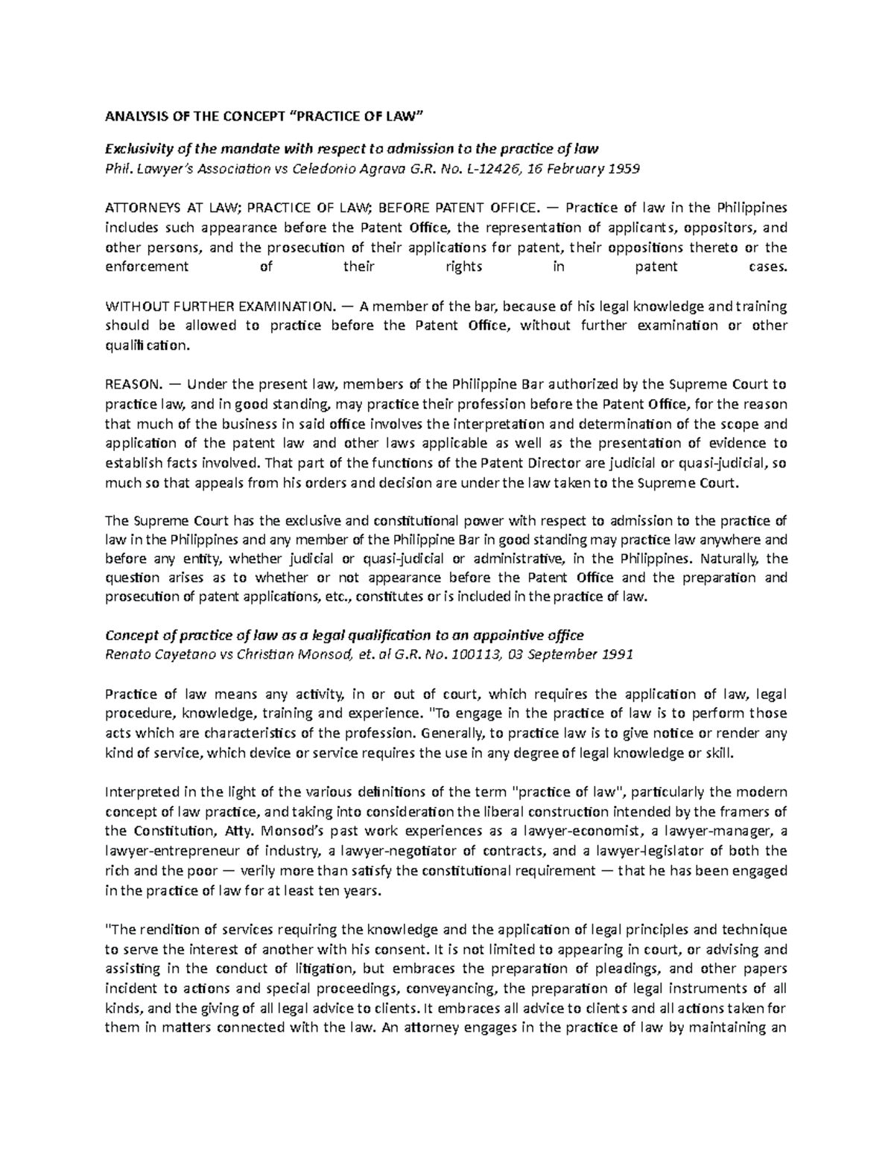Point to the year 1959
pos(624,169)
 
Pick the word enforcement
pos(147,266)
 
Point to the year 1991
pos(618,655)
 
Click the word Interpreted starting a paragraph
pos(138,791)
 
